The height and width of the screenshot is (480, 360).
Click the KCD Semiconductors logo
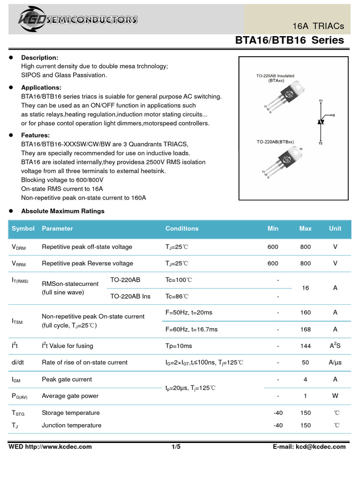coord(77,19)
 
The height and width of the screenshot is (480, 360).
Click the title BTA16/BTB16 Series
coord(289,40)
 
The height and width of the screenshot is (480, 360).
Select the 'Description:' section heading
coord(40,58)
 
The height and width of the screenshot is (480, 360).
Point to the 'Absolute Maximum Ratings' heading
coord(63,211)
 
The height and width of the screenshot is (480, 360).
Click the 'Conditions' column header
coord(182,229)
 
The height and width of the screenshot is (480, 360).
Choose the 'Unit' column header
coord(335,229)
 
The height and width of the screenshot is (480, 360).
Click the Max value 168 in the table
coord(305,330)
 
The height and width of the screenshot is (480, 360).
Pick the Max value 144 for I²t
coord(305,346)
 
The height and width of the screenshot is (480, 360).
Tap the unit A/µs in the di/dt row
coord(335,362)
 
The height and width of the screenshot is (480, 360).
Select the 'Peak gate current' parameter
coord(67,379)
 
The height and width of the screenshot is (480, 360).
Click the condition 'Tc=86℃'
coord(177,296)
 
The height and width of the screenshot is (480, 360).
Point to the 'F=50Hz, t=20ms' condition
coord(189,313)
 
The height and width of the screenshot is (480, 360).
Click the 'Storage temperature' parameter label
coord(71,413)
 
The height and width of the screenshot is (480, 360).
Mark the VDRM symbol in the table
coord(19,247)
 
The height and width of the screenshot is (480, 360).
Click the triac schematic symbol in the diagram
coord(321,121)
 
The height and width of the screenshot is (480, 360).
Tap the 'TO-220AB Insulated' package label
coord(275,76)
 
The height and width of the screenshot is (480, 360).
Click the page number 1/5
coord(176,447)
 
